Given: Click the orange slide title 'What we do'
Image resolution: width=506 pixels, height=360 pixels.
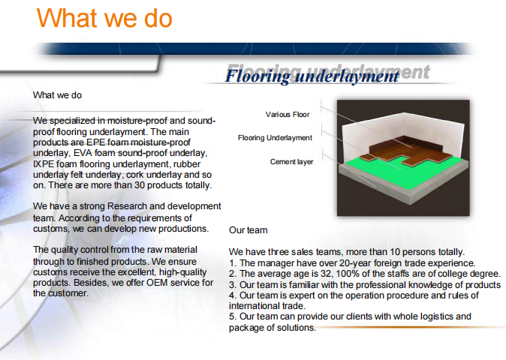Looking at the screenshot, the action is pyautogui.click(x=104, y=18).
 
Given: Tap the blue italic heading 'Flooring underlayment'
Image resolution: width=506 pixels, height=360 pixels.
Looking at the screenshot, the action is pyautogui.click(x=312, y=76).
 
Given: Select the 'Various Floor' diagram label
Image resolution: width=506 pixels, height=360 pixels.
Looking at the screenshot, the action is pyautogui.click(x=288, y=115).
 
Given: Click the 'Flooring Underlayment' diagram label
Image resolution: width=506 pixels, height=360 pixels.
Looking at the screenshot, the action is pyautogui.click(x=275, y=138).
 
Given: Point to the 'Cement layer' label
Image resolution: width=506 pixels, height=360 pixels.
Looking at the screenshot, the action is pyautogui.click(x=292, y=162).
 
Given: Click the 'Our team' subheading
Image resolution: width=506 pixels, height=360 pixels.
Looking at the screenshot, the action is pyautogui.click(x=248, y=230).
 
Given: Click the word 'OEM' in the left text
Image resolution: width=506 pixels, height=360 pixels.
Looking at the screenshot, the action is pyautogui.click(x=157, y=283).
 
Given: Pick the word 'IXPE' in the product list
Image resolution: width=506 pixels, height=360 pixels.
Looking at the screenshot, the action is pyautogui.click(x=44, y=164).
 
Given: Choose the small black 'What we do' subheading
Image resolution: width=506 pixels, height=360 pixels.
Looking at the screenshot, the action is pyautogui.click(x=57, y=95).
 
